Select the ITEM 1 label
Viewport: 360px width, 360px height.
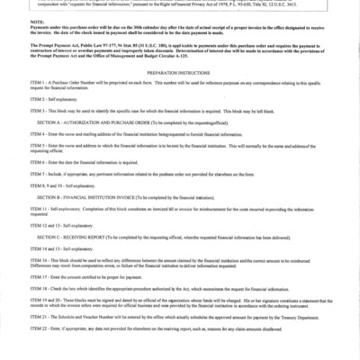[x=37, y=85]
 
